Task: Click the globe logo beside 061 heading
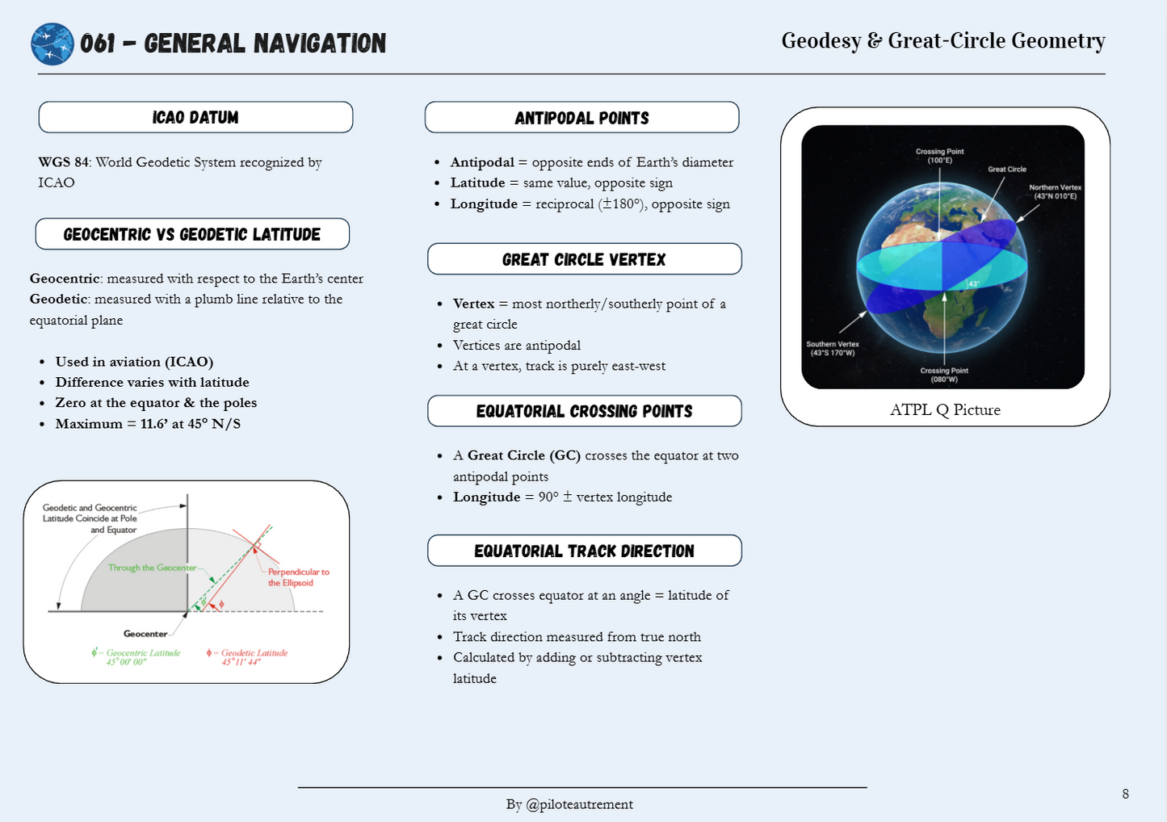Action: (52, 44)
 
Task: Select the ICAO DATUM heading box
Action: (195, 117)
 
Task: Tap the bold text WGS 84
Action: (63, 162)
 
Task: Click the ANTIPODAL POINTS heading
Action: (582, 118)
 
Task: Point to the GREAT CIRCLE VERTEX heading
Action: (584, 259)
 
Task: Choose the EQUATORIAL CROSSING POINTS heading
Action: (584, 411)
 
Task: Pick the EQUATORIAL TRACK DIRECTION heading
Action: (584, 551)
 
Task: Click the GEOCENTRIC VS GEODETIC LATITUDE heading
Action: (191, 234)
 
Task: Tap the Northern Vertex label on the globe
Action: (1055, 191)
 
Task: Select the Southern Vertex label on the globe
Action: (833, 349)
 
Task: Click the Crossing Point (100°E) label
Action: (940, 156)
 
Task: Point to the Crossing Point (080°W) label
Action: (944, 375)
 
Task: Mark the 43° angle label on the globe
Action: (974, 284)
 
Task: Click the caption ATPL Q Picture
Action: (945, 410)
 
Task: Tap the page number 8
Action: (1125, 794)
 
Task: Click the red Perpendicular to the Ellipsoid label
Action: (299, 577)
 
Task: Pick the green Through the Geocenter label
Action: (152, 568)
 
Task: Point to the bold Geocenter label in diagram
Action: (145, 634)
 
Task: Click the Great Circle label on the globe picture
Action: (1007, 170)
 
